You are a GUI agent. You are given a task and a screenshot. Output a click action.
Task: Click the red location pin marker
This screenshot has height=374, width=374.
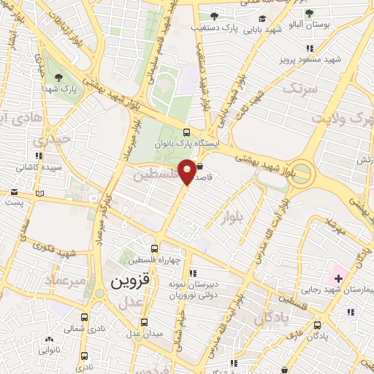[x=188, y=172]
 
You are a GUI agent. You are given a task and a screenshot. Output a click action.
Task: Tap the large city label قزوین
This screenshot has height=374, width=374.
[x=130, y=280]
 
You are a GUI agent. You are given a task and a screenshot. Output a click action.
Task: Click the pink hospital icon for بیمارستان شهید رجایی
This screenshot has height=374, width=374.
[x=338, y=278]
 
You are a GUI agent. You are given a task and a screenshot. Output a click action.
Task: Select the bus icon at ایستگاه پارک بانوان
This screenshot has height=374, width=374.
[x=187, y=134]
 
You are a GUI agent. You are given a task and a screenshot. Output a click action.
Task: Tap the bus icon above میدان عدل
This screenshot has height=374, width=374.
[x=144, y=322]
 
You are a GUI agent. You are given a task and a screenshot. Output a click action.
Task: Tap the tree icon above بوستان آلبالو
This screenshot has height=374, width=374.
[x=308, y=13]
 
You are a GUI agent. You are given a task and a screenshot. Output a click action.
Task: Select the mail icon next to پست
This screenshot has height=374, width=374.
[x=14, y=193]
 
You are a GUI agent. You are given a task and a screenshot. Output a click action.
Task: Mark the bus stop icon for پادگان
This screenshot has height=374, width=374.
[x=316, y=325]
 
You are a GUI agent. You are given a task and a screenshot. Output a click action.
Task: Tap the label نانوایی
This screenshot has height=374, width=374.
[x=50, y=351]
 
